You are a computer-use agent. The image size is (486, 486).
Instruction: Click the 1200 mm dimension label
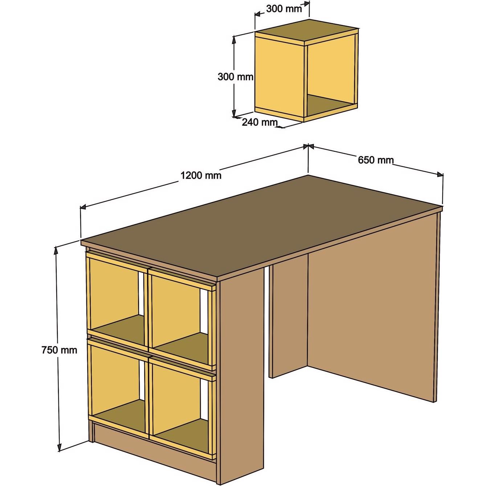[201, 176]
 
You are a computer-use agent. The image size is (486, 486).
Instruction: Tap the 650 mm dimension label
[375, 160]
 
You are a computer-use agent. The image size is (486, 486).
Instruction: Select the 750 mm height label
[59, 350]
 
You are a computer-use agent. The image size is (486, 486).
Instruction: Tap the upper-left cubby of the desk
[114, 294]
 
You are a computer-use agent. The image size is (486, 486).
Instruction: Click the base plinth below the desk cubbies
[152, 450]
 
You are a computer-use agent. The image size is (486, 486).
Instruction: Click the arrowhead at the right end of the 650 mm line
[440, 175]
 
